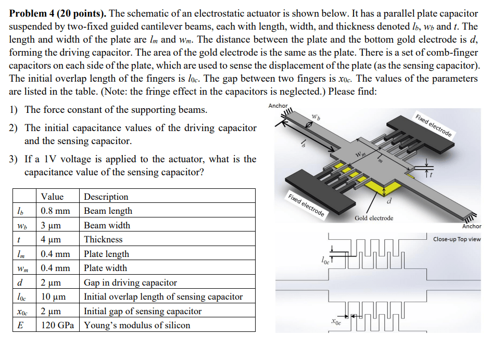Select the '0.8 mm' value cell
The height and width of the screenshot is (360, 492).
[55, 211]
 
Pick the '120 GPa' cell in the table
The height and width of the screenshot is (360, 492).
[58, 325]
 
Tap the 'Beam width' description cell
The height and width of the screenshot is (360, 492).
[107, 225]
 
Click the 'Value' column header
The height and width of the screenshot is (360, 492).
[52, 197]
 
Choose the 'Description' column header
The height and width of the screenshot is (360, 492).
[106, 197]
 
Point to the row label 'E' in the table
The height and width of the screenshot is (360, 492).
[19, 325]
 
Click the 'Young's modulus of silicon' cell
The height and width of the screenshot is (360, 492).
[137, 325]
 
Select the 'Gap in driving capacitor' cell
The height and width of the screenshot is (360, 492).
[130, 282]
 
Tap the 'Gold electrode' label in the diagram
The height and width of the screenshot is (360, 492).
[374, 218]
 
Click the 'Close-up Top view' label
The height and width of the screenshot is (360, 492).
[457, 239]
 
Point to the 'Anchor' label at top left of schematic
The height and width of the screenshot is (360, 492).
[277, 106]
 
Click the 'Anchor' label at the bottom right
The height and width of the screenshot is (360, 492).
[472, 226]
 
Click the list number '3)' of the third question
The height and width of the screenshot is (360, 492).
[14, 159]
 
